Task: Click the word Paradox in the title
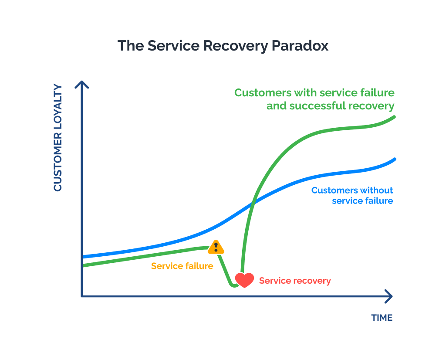click(x=300, y=46)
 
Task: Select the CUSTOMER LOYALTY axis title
click(x=58, y=138)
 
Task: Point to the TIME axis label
click(x=382, y=318)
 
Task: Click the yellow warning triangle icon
click(x=216, y=248)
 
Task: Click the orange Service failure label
click(x=182, y=266)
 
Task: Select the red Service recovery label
click(x=295, y=281)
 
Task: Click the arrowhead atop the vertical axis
click(x=82, y=84)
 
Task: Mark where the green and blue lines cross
click(x=253, y=203)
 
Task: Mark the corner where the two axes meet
click(x=82, y=296)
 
